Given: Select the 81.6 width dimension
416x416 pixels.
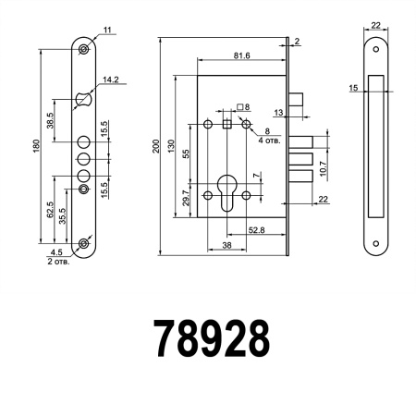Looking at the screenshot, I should click(x=241, y=55).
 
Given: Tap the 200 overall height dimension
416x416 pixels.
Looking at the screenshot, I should click(x=156, y=145).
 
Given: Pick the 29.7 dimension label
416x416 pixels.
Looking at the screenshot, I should click(x=186, y=195).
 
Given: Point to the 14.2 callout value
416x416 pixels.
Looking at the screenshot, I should click(x=112, y=80).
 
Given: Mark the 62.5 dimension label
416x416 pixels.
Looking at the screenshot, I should click(x=50, y=211).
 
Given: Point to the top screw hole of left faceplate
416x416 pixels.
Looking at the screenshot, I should click(x=84, y=48).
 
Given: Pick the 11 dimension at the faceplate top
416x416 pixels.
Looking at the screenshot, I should click(x=108, y=31).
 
